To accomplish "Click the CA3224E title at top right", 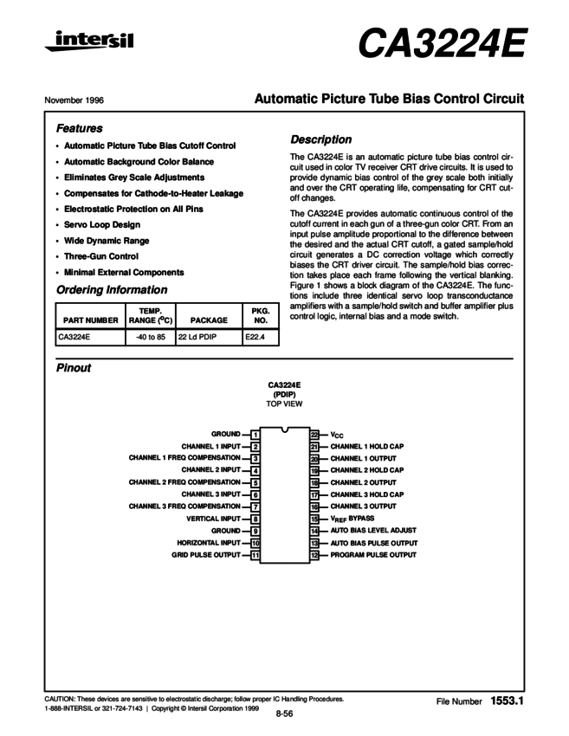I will (442, 44).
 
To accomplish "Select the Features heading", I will (80, 127).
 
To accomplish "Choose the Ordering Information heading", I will (112, 290).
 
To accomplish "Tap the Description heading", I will (321, 139).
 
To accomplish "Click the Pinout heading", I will (74, 368).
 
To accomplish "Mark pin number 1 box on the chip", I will (255, 433).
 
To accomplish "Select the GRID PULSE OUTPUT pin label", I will (205, 555).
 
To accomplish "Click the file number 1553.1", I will (507, 699).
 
